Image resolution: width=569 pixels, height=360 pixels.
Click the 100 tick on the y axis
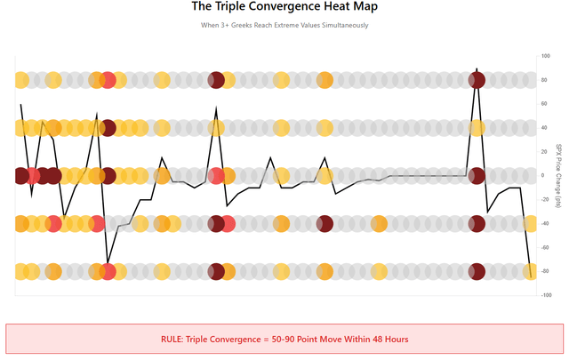pos(544,56)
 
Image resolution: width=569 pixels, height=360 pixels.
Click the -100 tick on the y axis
pos(544,296)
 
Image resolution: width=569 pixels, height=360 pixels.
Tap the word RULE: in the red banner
pos(175,340)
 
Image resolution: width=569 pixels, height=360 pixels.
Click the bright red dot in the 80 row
pos(108,80)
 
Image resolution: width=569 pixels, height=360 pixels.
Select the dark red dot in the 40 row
pos(108,128)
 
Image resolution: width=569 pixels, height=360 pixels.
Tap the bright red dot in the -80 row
pos(108,271)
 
